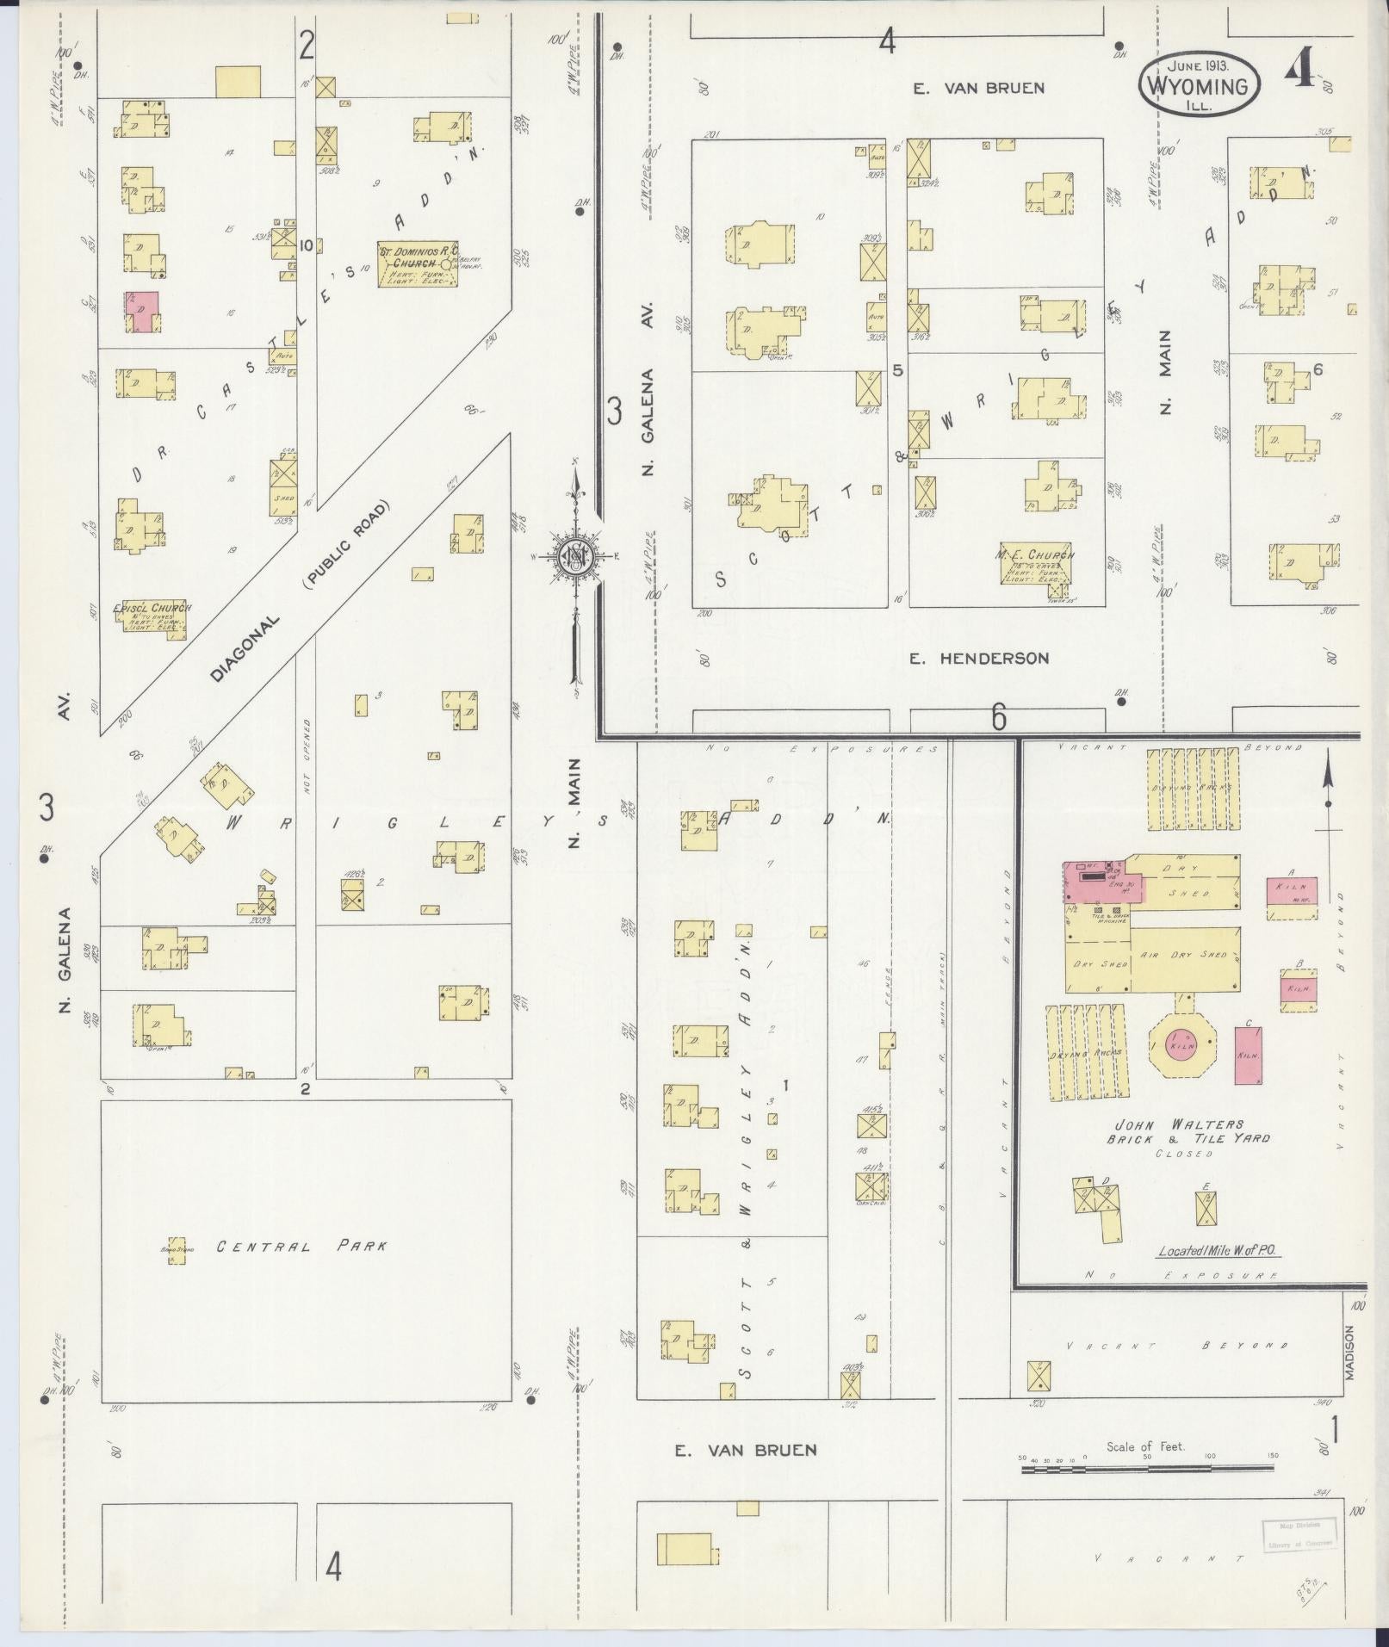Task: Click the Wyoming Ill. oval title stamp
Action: (x=1200, y=87)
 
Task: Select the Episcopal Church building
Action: (x=152, y=619)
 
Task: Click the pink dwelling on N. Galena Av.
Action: (x=142, y=312)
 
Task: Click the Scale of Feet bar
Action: (x=1150, y=1470)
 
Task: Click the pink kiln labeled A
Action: (x=1292, y=890)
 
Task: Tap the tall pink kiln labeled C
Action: (x=1249, y=1055)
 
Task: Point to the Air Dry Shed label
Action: (x=1184, y=955)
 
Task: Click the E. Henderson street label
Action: (x=980, y=659)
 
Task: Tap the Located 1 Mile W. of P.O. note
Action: (x=1218, y=1251)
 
